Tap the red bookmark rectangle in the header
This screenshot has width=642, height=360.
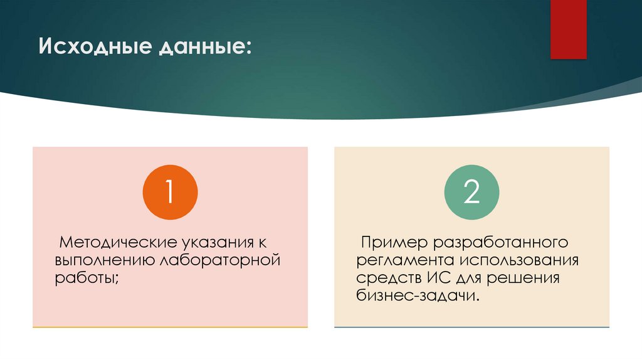568,29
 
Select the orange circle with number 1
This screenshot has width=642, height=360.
170,193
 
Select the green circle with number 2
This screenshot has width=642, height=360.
471,193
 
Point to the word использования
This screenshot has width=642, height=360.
519,260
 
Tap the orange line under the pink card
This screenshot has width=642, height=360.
170,327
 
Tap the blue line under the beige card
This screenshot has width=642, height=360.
471,327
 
